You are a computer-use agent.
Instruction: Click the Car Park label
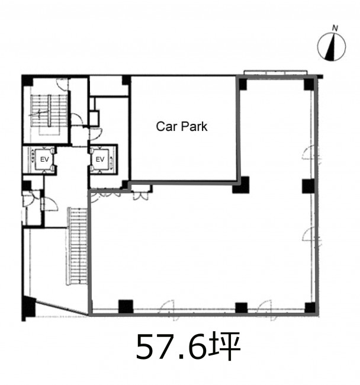pyautogui.click(x=182, y=126)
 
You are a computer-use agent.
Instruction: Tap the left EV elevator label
pyautogui.click(x=44, y=159)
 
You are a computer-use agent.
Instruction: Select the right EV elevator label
pyautogui.click(x=100, y=159)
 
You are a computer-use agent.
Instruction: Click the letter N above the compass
pyautogui.click(x=335, y=28)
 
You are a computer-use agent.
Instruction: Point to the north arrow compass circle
pyautogui.click(x=332, y=47)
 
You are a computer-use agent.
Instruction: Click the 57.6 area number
pyautogui.click(x=171, y=346)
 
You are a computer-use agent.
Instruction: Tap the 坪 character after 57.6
pyautogui.click(x=224, y=346)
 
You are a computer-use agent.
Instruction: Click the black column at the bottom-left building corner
pyautogui.click(x=29, y=307)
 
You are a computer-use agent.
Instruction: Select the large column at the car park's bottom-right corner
pyautogui.click(x=241, y=185)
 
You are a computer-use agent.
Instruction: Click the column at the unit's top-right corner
pyautogui.click(x=309, y=84)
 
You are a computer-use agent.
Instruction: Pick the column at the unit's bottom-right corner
pyautogui.click(x=310, y=307)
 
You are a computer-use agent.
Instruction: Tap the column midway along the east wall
pyautogui.click(x=308, y=186)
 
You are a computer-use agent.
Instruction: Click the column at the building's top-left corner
pyautogui.click(x=27, y=81)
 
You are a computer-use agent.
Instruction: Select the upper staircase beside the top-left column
pyautogui.click(x=49, y=111)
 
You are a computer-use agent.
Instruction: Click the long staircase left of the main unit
pyautogui.click(x=78, y=246)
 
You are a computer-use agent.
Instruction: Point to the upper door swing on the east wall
pyautogui.click(x=311, y=153)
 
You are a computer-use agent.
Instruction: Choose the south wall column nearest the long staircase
pyautogui.click(x=126, y=307)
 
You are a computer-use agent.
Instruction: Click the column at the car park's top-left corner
pyautogui.click(x=126, y=81)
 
